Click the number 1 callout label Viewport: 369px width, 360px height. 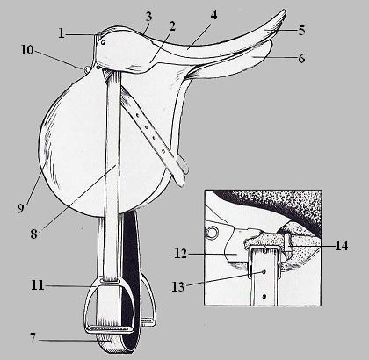pos(61,33)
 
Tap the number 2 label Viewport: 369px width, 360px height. pos(172,26)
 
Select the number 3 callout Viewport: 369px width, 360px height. pos(148,17)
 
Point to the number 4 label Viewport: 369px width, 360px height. pos(213,15)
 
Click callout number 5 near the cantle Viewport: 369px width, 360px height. pos(301,30)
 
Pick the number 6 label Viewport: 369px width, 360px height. pos(301,58)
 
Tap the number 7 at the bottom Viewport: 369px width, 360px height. pos(33,338)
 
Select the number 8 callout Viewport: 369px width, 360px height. pos(34,234)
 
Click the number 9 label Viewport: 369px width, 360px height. pos(20,208)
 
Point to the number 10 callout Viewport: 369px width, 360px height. pos(27,50)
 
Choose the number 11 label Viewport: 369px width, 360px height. pos(38,285)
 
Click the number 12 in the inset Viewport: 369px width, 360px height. pos(180,254)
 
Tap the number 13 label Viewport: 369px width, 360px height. pos(178,287)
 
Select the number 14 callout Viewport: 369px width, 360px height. pos(342,246)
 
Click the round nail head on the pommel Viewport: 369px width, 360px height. pos(103,42)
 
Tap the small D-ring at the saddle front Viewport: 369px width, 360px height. pos(87,69)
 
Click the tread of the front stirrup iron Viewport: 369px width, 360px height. pos(110,329)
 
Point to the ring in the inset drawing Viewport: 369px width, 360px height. pos(211,232)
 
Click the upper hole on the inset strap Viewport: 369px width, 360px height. pos(264,272)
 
